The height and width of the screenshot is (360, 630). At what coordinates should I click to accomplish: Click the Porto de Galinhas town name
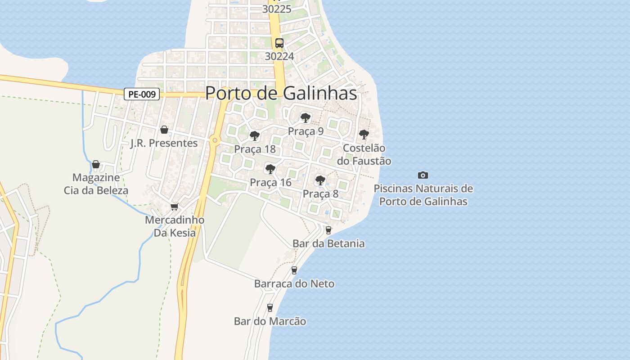(281, 93)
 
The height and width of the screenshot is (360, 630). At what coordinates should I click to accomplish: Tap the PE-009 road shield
(142, 94)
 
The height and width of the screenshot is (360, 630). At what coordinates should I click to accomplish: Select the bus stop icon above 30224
(279, 43)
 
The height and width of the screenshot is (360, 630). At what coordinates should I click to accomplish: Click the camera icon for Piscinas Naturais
(423, 175)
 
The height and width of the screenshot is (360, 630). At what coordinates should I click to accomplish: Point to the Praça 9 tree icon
(306, 118)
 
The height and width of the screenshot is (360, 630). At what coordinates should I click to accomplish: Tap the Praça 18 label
(255, 149)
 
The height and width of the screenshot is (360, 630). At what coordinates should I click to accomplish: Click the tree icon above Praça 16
(270, 169)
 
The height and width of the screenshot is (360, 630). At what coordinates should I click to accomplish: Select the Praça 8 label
(320, 194)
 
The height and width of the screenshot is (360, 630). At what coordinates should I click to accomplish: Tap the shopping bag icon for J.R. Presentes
(164, 130)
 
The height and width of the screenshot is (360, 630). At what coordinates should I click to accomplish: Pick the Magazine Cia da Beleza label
(96, 184)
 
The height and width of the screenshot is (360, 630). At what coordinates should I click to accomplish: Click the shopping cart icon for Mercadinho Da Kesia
(175, 207)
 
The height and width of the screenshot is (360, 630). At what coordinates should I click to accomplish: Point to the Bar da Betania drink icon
(328, 230)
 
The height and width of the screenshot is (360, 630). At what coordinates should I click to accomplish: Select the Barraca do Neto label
(294, 284)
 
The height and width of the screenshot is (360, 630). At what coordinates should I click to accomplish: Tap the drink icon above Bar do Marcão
(270, 308)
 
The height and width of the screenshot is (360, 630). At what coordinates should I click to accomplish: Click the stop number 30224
(279, 56)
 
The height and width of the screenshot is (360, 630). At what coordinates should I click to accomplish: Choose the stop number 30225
(277, 9)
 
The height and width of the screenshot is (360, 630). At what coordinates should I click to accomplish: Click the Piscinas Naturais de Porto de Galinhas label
(423, 195)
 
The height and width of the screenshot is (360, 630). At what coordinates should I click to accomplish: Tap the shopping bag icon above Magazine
(95, 164)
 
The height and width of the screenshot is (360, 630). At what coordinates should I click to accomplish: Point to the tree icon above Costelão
(364, 134)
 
